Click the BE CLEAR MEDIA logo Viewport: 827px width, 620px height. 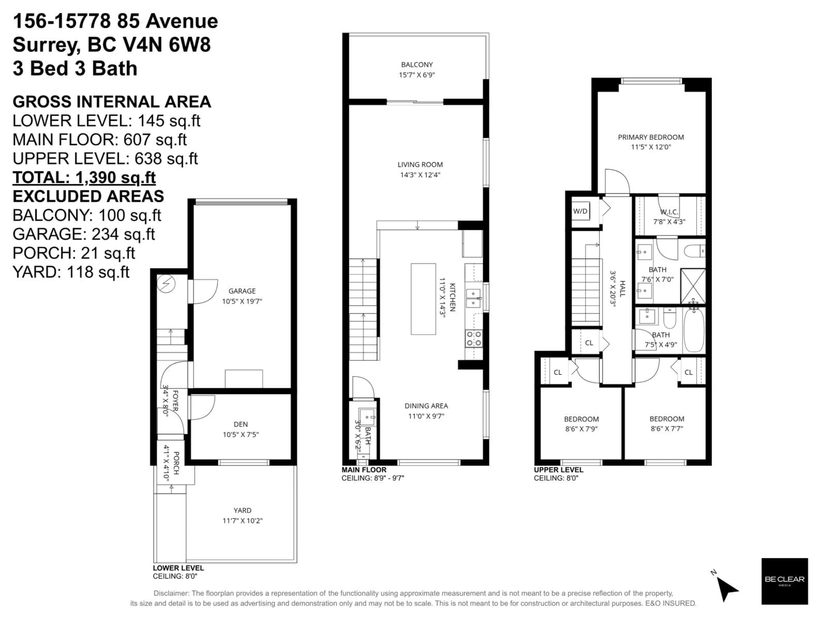[x=784, y=581]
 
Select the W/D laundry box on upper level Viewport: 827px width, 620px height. [x=580, y=211]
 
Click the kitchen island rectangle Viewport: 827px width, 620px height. [x=423, y=299]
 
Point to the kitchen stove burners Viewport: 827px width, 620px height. [x=473, y=339]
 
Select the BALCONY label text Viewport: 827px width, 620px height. [x=417, y=65]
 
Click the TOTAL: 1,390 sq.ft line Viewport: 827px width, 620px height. [x=84, y=178]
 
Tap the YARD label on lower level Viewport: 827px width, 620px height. [x=242, y=510]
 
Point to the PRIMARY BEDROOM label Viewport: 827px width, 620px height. [x=651, y=137]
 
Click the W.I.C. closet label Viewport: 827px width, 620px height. [x=669, y=212]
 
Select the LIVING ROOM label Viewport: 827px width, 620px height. [x=420, y=164]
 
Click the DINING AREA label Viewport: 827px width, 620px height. [x=426, y=406]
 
